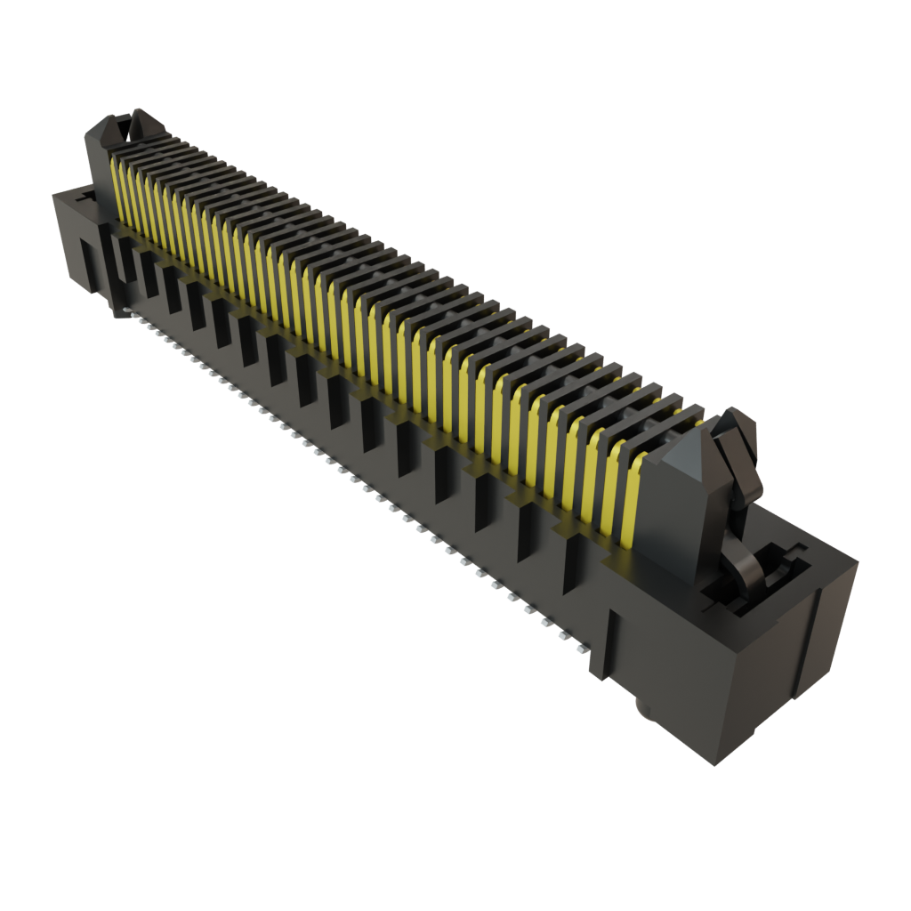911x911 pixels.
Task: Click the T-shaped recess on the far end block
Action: coord(84,199)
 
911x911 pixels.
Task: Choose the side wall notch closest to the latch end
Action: coord(573,570)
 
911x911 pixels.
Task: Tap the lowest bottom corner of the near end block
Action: coord(716,763)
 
